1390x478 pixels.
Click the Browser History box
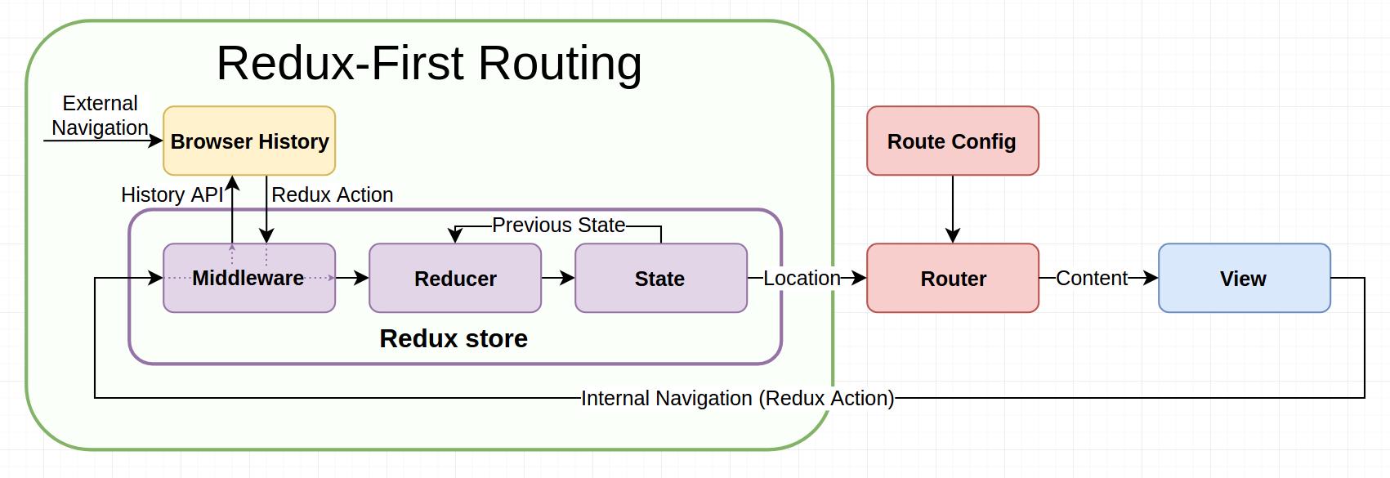click(249, 141)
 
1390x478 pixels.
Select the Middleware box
click(249, 278)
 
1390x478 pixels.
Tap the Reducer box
click(455, 278)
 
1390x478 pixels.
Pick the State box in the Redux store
click(660, 278)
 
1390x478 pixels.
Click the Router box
click(953, 278)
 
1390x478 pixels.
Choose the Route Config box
click(953, 141)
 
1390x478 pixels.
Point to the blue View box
click(1244, 278)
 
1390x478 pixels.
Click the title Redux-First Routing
click(429, 63)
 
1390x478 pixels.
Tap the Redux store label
click(454, 338)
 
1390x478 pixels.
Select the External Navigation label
click(100, 115)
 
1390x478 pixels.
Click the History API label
click(172, 194)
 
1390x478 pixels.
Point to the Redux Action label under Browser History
click(332, 194)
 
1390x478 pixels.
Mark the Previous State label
click(558, 225)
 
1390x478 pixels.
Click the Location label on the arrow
click(802, 278)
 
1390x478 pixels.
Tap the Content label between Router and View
click(1092, 278)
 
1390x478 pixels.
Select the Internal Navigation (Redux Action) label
click(737, 398)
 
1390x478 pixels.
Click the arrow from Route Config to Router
click(953, 209)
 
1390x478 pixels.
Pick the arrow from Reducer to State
click(558, 278)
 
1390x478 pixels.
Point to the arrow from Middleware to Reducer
click(352, 278)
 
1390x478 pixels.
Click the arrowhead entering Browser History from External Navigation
click(156, 141)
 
